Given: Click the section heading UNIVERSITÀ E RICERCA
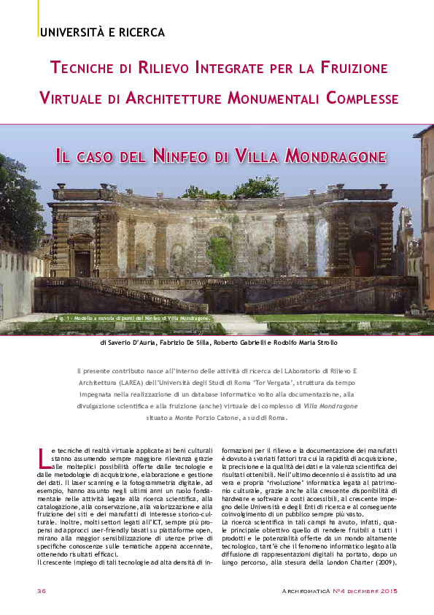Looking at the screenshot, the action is click(x=102, y=32).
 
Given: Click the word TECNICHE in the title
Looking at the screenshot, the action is click(x=85, y=69).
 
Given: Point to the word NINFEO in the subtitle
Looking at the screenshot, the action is click(x=180, y=156).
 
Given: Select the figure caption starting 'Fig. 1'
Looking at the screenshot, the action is click(x=132, y=319).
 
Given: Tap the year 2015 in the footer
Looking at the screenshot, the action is click(x=387, y=590).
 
